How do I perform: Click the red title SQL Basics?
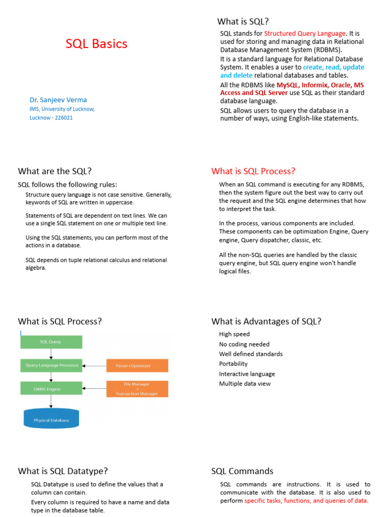point(96,44)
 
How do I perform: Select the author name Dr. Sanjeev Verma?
point(58,99)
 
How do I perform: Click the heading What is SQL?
point(243,21)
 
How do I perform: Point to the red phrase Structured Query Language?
point(305,33)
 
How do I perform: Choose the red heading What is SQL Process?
point(253,171)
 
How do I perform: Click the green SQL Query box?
point(50,342)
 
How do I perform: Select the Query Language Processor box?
point(50,365)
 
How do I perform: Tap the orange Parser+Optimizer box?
point(137,366)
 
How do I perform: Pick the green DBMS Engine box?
point(50,388)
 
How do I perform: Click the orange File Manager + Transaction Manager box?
point(137,389)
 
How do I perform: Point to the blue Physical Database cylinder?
point(51,419)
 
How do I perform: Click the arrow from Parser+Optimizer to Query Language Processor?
point(94,366)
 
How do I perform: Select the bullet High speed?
point(234,334)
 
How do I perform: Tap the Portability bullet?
point(233,364)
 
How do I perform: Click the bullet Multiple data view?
point(245,384)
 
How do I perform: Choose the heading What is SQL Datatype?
point(63,471)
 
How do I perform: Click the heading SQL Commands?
point(242,471)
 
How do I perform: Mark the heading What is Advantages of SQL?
point(267,321)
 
